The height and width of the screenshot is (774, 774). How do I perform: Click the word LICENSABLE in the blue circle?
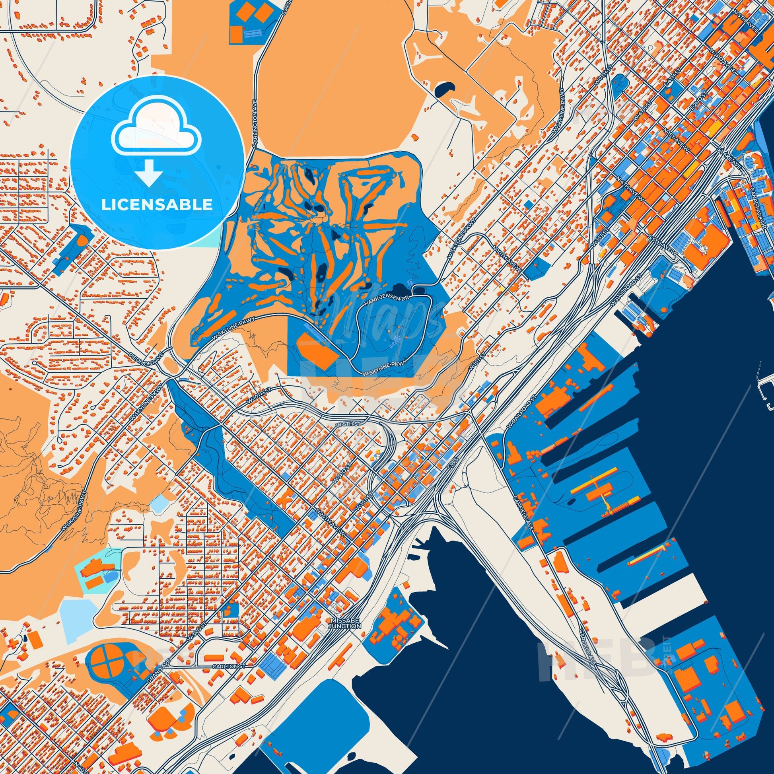tap(157, 205)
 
